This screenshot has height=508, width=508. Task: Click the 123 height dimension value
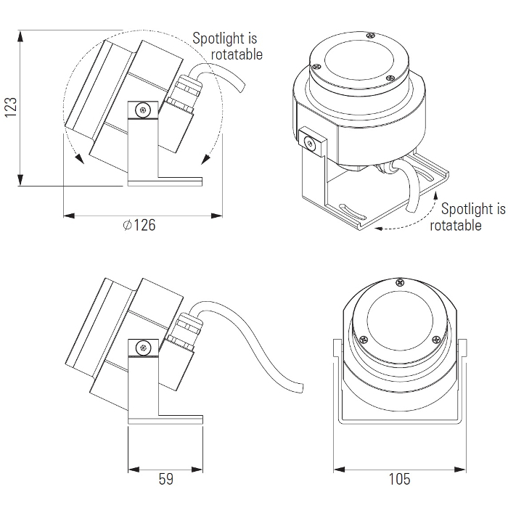tap(10, 107)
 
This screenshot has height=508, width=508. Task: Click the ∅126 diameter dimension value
tap(139, 225)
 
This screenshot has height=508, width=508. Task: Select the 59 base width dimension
tap(166, 479)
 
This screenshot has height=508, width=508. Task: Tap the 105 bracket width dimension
tap(399, 479)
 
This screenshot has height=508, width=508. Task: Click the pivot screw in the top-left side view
tap(143, 110)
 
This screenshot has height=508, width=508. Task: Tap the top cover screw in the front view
tap(400, 282)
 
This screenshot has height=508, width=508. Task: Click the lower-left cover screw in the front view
tap(364, 339)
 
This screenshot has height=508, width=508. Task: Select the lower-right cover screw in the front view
tap(436, 339)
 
